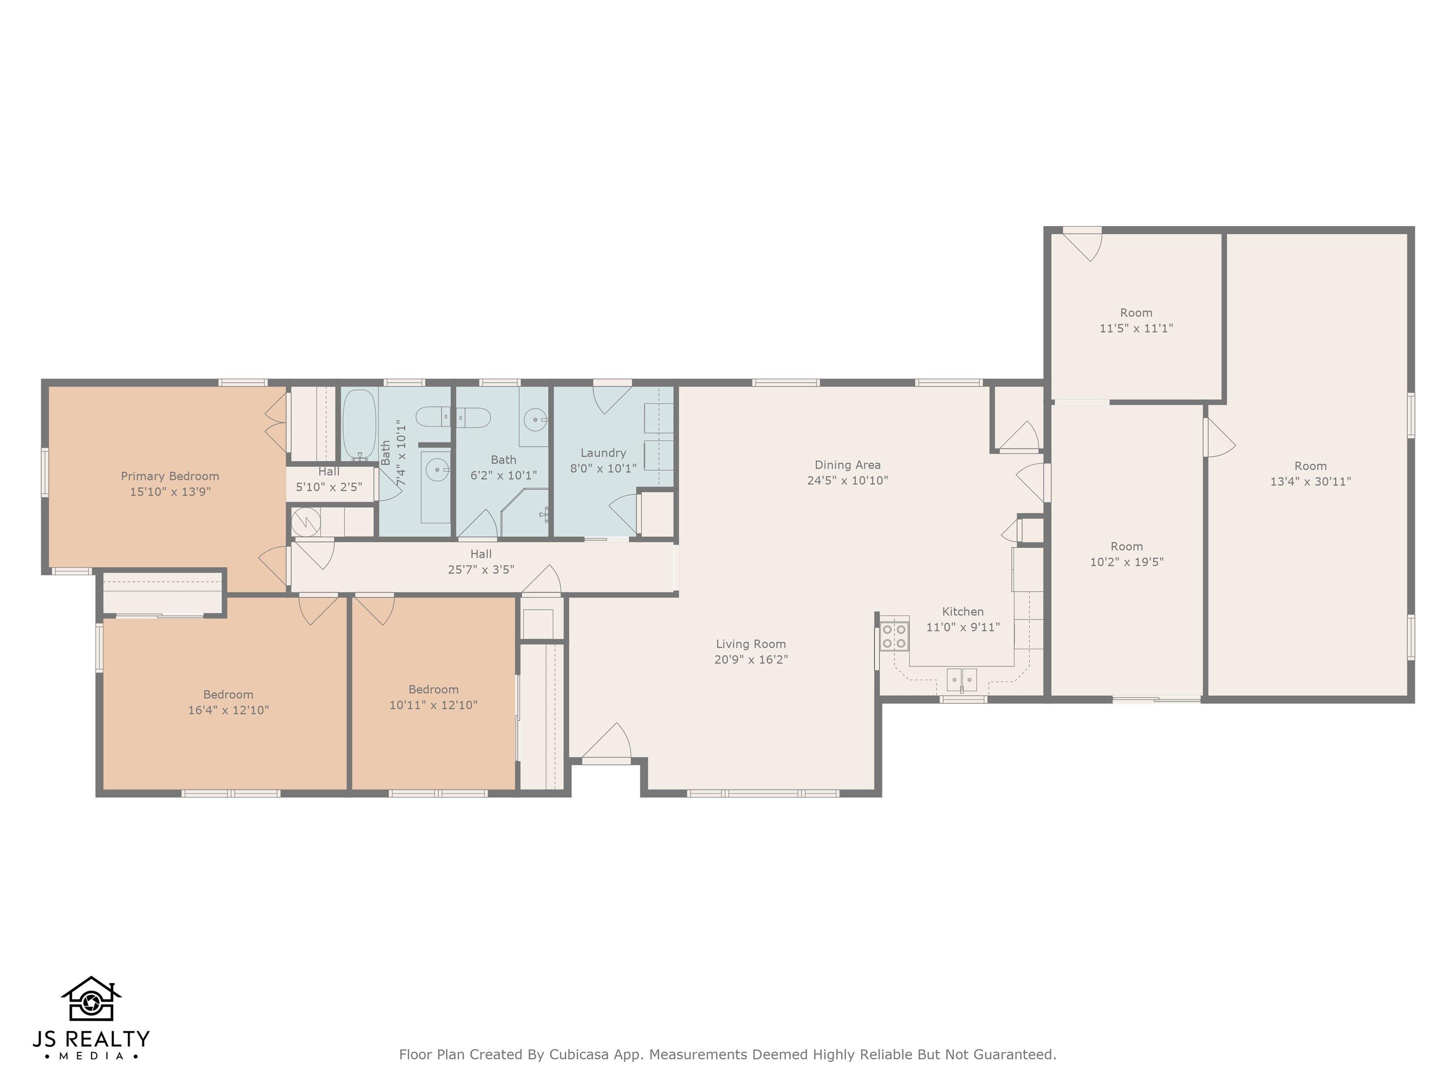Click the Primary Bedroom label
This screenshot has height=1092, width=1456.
coord(170,476)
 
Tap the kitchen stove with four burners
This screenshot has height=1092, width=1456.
coord(894,636)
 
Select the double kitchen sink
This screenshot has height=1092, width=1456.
coord(961,678)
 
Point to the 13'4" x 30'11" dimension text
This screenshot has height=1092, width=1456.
coord(1310,481)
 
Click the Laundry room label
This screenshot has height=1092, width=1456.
coord(603,453)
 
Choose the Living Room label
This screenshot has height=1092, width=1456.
coord(750,644)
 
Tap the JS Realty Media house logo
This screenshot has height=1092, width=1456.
coord(91,999)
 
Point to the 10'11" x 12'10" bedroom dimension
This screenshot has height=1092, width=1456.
coord(433,705)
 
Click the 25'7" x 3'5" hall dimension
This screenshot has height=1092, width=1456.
coord(480,569)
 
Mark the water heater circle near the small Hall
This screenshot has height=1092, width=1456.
coord(306,522)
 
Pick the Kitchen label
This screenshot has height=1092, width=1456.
coord(962,612)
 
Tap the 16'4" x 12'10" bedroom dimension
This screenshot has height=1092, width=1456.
coord(229,710)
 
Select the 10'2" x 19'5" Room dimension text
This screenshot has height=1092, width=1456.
coord(1126,562)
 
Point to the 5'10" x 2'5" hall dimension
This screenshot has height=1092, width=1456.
coord(329,487)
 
